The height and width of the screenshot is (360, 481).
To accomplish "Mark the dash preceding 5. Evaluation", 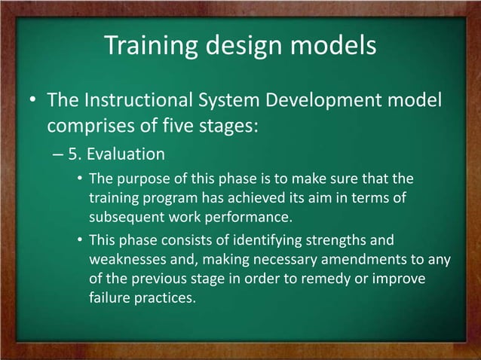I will pyautogui.click(x=60, y=156).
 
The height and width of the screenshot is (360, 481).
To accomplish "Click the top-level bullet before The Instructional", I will pyautogui.click(x=32, y=101).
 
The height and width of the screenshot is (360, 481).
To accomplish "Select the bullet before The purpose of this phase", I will pyautogui.click(x=79, y=180).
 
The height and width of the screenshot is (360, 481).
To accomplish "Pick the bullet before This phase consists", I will pyautogui.click(x=79, y=242).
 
